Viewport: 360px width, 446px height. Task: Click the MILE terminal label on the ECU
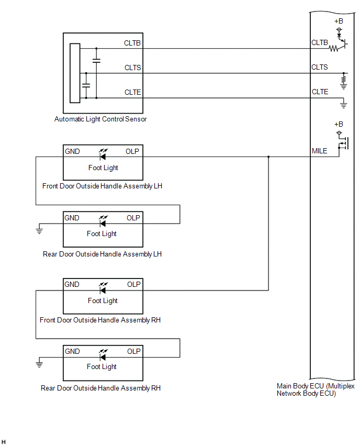pyautogui.click(x=319, y=151)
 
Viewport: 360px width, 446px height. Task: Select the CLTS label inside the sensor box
pyautogui.click(x=132, y=68)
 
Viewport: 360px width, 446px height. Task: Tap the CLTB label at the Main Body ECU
pyautogui.click(x=320, y=42)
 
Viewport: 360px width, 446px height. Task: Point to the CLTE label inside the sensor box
pyautogui.click(x=132, y=92)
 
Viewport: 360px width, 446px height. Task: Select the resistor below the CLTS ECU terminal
pyautogui.click(x=344, y=80)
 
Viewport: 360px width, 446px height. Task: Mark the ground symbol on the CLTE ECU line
pyautogui.click(x=344, y=105)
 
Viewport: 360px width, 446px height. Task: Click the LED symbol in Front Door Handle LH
pyautogui.click(x=103, y=156)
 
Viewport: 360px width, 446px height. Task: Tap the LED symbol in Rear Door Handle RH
pyautogui.click(x=103, y=356)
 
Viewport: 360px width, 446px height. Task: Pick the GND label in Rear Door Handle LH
pyautogui.click(x=72, y=218)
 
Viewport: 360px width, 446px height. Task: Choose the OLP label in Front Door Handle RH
pyautogui.click(x=134, y=284)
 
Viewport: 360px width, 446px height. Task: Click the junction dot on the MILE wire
pyautogui.click(x=268, y=157)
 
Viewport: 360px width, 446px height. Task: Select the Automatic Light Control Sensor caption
pyautogui.click(x=100, y=119)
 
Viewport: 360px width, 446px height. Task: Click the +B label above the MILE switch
pyautogui.click(x=339, y=124)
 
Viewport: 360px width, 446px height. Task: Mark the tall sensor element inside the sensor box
pyautogui.click(x=75, y=73)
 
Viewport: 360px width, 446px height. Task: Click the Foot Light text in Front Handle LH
pyautogui.click(x=103, y=168)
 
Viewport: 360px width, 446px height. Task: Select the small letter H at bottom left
pyautogui.click(x=4, y=442)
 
